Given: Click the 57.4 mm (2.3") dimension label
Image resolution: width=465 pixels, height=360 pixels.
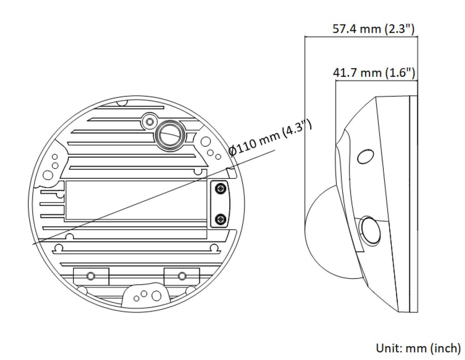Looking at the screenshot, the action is pyautogui.click(x=373, y=29).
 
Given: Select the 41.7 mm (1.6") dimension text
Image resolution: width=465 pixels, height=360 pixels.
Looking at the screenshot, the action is pyautogui.click(x=374, y=72).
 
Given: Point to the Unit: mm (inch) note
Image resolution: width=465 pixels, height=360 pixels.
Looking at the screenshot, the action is pyautogui.click(x=418, y=348).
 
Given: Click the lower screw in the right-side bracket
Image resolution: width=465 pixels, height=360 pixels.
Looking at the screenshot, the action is pyautogui.click(x=221, y=219).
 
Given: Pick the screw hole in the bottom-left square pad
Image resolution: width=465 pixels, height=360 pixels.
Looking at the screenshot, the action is pyautogui.click(x=91, y=276).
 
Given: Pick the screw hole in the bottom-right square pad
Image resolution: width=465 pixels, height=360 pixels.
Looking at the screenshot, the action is pyautogui.click(x=182, y=276).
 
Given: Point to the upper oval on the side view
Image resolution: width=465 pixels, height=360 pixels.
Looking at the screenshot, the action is pyautogui.click(x=365, y=157).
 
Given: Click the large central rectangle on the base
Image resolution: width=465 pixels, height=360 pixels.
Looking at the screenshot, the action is pyautogui.click(x=136, y=200).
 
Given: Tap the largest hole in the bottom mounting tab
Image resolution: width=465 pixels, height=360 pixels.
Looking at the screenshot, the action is pyautogui.click(x=156, y=296).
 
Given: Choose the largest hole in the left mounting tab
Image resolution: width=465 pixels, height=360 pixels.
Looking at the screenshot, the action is pyautogui.click(x=48, y=175).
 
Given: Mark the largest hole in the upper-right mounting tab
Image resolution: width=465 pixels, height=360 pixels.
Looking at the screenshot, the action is pyautogui.click(x=206, y=142).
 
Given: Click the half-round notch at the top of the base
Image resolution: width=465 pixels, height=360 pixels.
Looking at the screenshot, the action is pyautogui.click(x=122, y=103).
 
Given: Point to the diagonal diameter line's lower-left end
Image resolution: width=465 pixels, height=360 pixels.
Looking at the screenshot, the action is pyautogui.click(x=33, y=244).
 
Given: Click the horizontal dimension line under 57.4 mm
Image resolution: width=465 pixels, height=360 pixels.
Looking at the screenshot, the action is pyautogui.click(x=361, y=37).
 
